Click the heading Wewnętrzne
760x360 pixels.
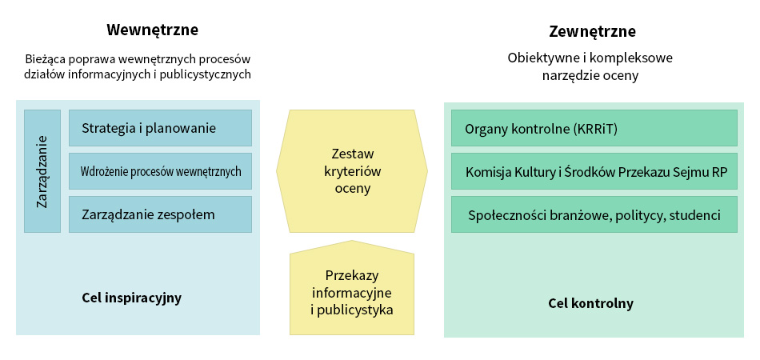click(152, 30)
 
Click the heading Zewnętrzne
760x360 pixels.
click(592, 32)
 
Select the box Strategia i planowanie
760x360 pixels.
click(161, 128)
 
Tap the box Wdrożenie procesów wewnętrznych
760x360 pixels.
click(161, 171)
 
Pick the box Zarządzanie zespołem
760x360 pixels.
click(161, 214)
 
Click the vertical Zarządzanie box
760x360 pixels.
click(42, 171)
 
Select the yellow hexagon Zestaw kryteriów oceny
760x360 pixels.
click(352, 171)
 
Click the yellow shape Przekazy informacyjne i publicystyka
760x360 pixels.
click(352, 288)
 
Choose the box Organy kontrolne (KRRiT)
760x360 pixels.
click(594, 128)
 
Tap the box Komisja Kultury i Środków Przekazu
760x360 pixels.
click(594, 171)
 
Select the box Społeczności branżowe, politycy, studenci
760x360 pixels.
click(594, 214)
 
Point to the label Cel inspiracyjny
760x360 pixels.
click(132, 298)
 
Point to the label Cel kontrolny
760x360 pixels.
click(591, 304)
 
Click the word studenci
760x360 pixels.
click(695, 215)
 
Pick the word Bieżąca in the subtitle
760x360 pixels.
click(46, 59)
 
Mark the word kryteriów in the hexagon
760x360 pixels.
click(352, 171)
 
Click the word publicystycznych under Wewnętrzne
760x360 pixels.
click(207, 74)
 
